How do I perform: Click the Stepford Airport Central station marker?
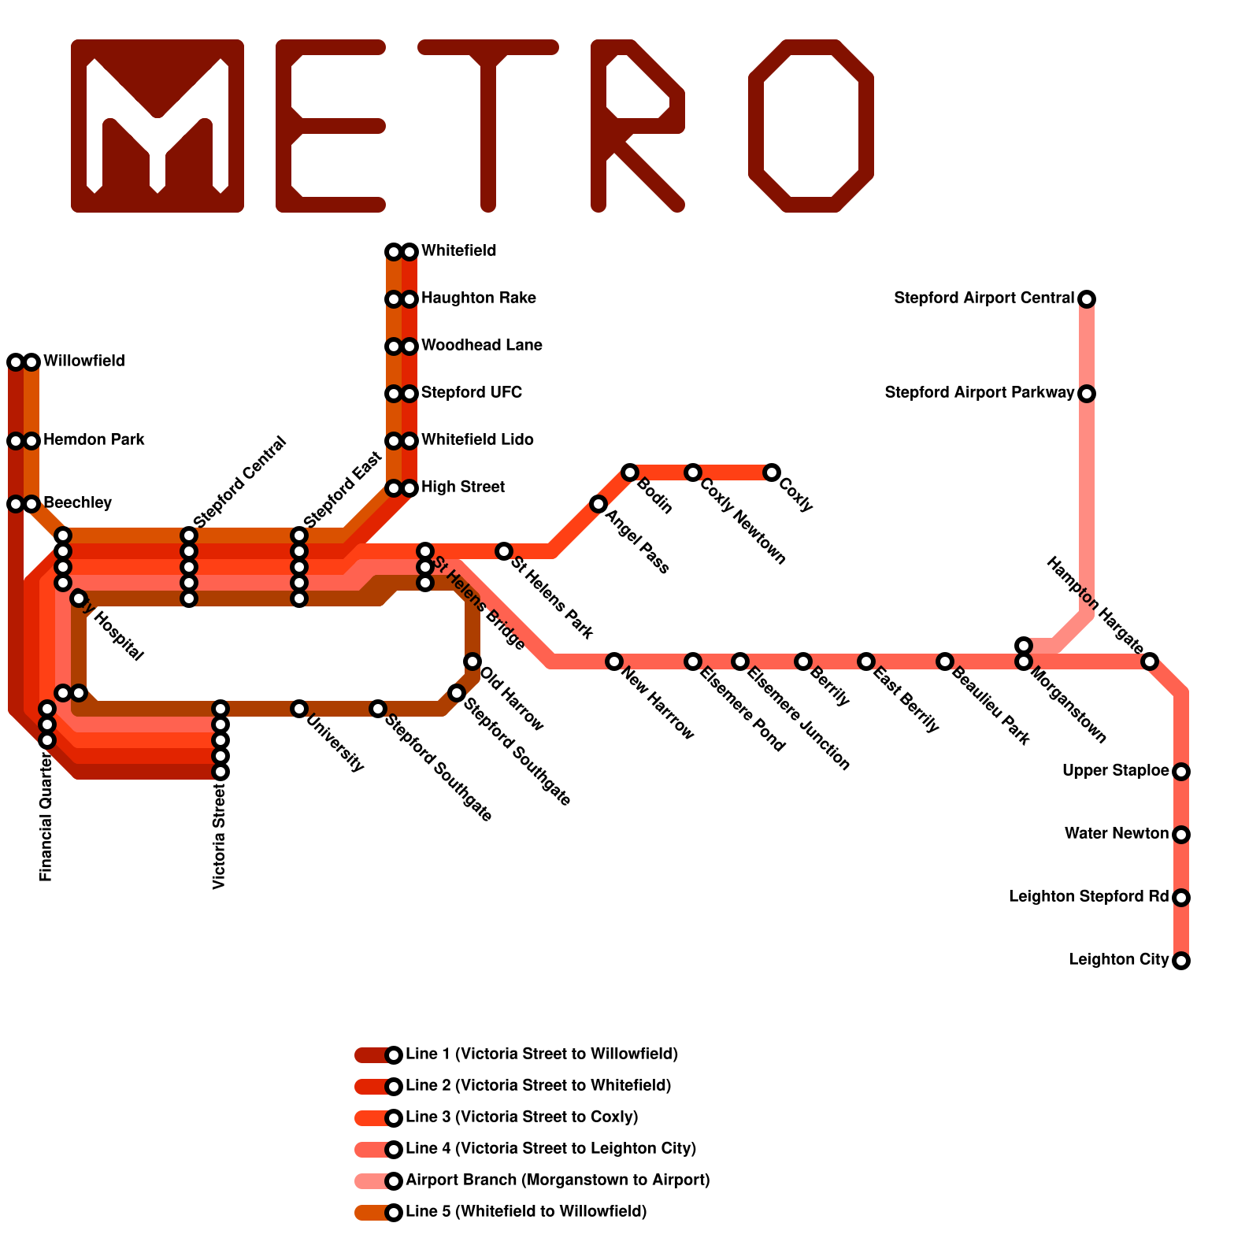tap(1087, 299)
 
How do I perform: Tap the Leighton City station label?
tap(1118, 960)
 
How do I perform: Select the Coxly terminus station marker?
tap(772, 472)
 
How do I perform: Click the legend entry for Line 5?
tap(525, 1212)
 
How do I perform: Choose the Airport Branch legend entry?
tap(557, 1180)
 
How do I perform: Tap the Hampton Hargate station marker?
tap(1150, 661)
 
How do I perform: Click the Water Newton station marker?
tap(1181, 835)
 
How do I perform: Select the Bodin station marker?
tap(630, 472)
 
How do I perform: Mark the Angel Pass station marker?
tap(598, 504)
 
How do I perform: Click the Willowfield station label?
tap(83, 361)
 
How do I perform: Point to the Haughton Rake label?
tap(478, 298)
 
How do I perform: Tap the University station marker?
tap(299, 709)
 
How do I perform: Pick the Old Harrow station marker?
tap(472, 661)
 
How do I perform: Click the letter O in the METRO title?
tap(811, 126)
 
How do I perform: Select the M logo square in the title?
tap(157, 126)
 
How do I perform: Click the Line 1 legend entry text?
tap(541, 1054)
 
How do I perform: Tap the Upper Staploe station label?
tap(1115, 771)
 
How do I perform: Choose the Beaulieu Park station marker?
tap(945, 661)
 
